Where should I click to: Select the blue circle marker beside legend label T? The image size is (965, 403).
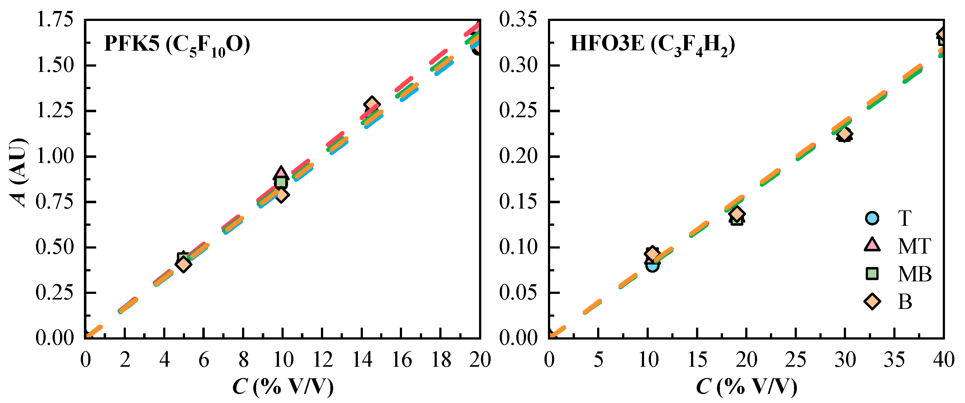coord(872,218)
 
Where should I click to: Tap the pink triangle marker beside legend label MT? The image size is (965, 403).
coord(872,245)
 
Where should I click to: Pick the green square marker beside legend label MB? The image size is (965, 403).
coord(872,274)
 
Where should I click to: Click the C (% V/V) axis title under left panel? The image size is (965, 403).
coord(283,386)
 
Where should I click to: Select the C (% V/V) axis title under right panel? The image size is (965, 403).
coord(746,386)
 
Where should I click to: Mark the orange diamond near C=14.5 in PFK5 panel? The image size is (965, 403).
coord(372,104)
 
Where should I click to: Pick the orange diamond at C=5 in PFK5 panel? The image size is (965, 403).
coord(183,264)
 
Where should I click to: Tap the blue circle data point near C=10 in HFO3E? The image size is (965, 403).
coord(652,266)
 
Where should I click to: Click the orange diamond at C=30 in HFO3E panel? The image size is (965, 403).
coord(844,134)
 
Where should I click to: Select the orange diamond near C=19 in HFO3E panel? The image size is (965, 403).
coord(737,214)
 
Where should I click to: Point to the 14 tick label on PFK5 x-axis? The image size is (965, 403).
coord(362,360)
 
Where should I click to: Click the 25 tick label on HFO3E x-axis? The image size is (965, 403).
coord(796,360)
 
